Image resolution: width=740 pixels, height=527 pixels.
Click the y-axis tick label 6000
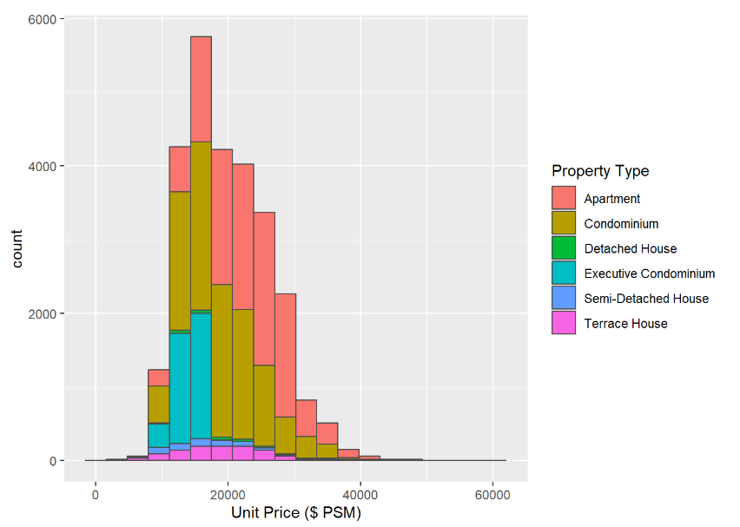(43, 18)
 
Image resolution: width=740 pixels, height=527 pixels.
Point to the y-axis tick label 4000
(43, 166)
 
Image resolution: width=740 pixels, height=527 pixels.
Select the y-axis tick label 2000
(43, 313)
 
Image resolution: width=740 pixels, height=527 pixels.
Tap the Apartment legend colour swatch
(564, 199)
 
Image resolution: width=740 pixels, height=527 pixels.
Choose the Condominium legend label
(621, 224)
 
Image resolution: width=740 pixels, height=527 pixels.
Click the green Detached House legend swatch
(564, 248)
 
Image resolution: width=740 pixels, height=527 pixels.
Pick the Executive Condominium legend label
(649, 273)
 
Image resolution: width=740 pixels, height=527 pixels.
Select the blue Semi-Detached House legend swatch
(564, 299)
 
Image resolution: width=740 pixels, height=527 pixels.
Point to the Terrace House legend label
(625, 324)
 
